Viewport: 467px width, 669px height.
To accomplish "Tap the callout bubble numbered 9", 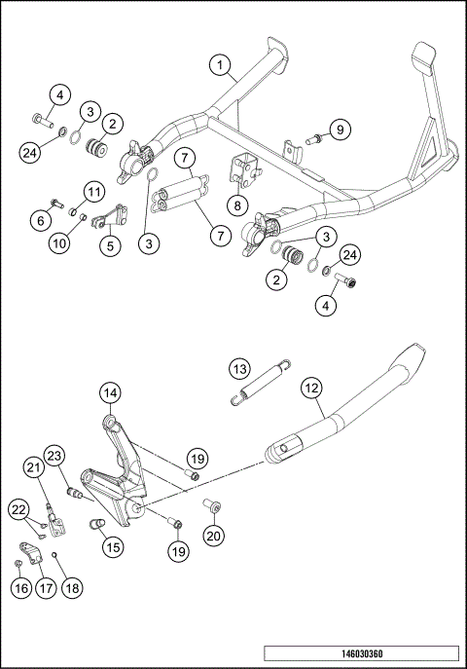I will [x=339, y=130].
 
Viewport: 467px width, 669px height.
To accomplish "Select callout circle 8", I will [x=234, y=205].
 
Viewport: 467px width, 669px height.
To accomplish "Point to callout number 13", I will [x=239, y=367].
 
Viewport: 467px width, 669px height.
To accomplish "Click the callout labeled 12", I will [x=310, y=387].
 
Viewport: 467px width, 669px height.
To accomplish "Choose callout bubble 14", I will [x=111, y=393].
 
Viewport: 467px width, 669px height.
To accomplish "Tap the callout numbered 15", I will [x=113, y=547].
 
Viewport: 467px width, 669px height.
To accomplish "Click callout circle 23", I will [x=54, y=455].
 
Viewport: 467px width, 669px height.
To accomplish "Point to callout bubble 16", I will [x=19, y=587].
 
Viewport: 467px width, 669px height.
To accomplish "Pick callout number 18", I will [x=70, y=587].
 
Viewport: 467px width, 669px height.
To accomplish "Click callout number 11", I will [x=94, y=189].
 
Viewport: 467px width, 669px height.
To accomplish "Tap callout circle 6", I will [x=42, y=221].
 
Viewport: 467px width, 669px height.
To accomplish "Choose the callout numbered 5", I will [x=110, y=245].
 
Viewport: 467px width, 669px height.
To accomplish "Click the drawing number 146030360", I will [x=401, y=653].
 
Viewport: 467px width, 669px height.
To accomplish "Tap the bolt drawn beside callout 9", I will [x=312, y=141].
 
